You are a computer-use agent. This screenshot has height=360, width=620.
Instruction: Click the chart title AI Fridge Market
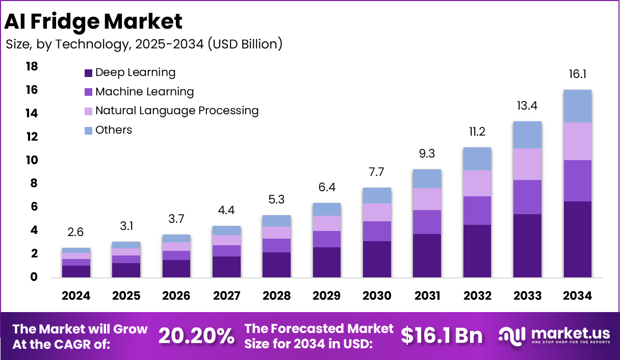pyautogui.click(x=93, y=21)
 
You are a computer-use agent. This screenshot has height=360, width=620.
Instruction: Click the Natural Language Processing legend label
pyautogui.click(x=177, y=111)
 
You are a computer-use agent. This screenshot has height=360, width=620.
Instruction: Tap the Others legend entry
pyautogui.click(x=113, y=130)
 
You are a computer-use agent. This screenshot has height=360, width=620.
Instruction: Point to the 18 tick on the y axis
pyautogui.click(x=32, y=67)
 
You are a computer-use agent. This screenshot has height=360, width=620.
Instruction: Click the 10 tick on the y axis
pyautogui.click(x=32, y=160)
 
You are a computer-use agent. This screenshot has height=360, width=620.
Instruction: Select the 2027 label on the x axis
pyautogui.click(x=226, y=296)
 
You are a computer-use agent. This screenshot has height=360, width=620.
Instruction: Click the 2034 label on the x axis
pyautogui.click(x=577, y=296)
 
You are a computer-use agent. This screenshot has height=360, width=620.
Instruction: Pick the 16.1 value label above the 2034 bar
pyautogui.click(x=577, y=74)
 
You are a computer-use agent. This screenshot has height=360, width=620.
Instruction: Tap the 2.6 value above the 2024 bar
pyautogui.click(x=76, y=233)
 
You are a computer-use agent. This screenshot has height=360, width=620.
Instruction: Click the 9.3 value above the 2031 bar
pyautogui.click(x=427, y=153)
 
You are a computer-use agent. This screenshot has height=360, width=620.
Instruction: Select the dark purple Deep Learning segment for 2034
pyautogui.click(x=577, y=239)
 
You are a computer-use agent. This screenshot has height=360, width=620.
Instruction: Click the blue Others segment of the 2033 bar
pyautogui.click(x=527, y=135)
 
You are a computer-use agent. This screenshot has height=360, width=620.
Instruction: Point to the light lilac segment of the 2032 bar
pyautogui.click(x=477, y=183)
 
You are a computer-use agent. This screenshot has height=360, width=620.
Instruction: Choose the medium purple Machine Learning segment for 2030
pyautogui.click(x=377, y=231)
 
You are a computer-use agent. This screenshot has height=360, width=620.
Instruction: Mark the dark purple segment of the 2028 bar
pyautogui.click(x=276, y=265)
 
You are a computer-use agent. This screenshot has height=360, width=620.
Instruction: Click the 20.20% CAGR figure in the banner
pyautogui.click(x=196, y=336)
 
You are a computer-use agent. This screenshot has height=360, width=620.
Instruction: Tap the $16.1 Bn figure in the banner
pyautogui.click(x=441, y=336)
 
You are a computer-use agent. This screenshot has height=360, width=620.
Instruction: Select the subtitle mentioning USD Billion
pyautogui.click(x=144, y=44)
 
